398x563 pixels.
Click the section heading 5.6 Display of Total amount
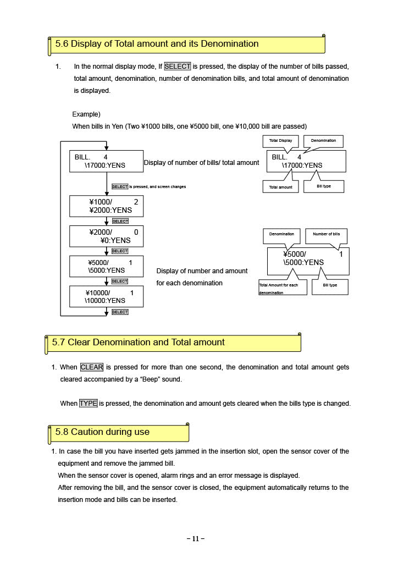157,44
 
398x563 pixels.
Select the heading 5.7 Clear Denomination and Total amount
138,343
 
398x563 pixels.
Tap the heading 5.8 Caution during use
102,432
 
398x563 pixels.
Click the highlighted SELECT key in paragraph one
177,67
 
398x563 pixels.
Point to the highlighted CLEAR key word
92,367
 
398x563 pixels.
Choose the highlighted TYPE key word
88,404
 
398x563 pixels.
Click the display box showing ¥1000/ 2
106,206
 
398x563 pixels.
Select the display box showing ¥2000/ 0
106,236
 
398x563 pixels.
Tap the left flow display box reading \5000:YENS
106,266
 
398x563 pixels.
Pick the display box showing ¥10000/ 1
106,296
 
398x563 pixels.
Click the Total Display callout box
280,141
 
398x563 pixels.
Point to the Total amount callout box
280,187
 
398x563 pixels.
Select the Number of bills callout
326,234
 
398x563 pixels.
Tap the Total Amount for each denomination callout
283,288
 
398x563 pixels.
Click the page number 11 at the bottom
196,539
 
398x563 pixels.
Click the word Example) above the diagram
86,114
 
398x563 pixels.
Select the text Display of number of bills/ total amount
201,163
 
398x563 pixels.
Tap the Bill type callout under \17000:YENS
323,186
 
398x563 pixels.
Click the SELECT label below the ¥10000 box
120,312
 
